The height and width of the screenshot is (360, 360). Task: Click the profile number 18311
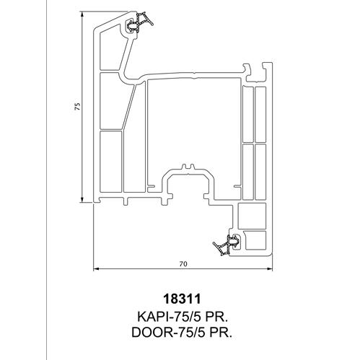(x=182, y=299)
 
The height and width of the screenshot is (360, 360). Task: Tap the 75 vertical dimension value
(x=77, y=106)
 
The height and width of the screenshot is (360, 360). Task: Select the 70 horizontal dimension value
(x=183, y=264)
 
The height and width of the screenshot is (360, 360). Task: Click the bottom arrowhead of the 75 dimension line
(x=82, y=199)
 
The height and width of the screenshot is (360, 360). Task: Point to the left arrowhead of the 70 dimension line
(x=97, y=269)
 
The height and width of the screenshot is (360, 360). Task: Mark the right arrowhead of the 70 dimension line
(x=270, y=269)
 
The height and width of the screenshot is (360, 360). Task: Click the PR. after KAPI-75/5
(x=217, y=317)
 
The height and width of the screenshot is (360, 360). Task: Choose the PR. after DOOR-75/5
(x=221, y=333)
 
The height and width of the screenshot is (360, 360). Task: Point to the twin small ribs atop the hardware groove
(x=188, y=167)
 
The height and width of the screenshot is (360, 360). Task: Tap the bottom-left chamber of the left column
(x=110, y=162)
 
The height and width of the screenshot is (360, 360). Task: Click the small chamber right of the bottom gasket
(x=255, y=240)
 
